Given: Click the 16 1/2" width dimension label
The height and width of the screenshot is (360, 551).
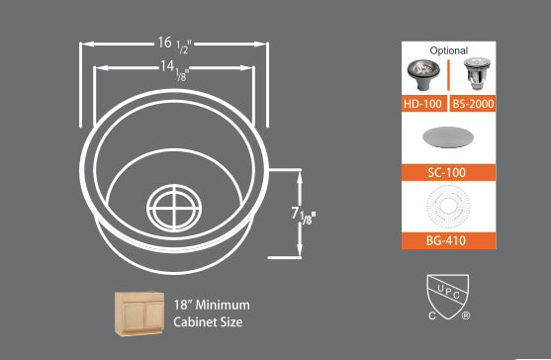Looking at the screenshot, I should click(175, 44).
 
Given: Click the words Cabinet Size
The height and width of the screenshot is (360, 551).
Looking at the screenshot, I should click(208, 321).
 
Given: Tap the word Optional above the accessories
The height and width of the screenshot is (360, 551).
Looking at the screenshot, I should click(448, 49).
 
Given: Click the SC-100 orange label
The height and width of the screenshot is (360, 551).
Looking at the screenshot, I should click(448, 172).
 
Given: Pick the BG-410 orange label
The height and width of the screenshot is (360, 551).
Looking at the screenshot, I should click(448, 240).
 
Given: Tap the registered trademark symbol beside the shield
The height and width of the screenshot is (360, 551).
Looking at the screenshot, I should click(465, 316).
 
